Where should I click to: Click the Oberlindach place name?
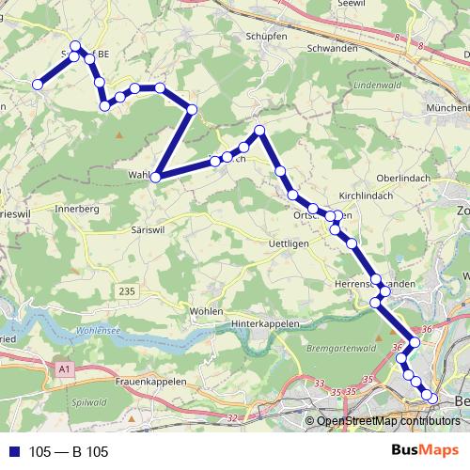pos(402,179)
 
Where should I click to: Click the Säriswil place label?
pos(144,228)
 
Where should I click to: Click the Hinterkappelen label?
pos(265,323)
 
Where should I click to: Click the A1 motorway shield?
pos(64,370)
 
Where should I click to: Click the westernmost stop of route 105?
pos(39,85)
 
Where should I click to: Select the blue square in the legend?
pos(14,452)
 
